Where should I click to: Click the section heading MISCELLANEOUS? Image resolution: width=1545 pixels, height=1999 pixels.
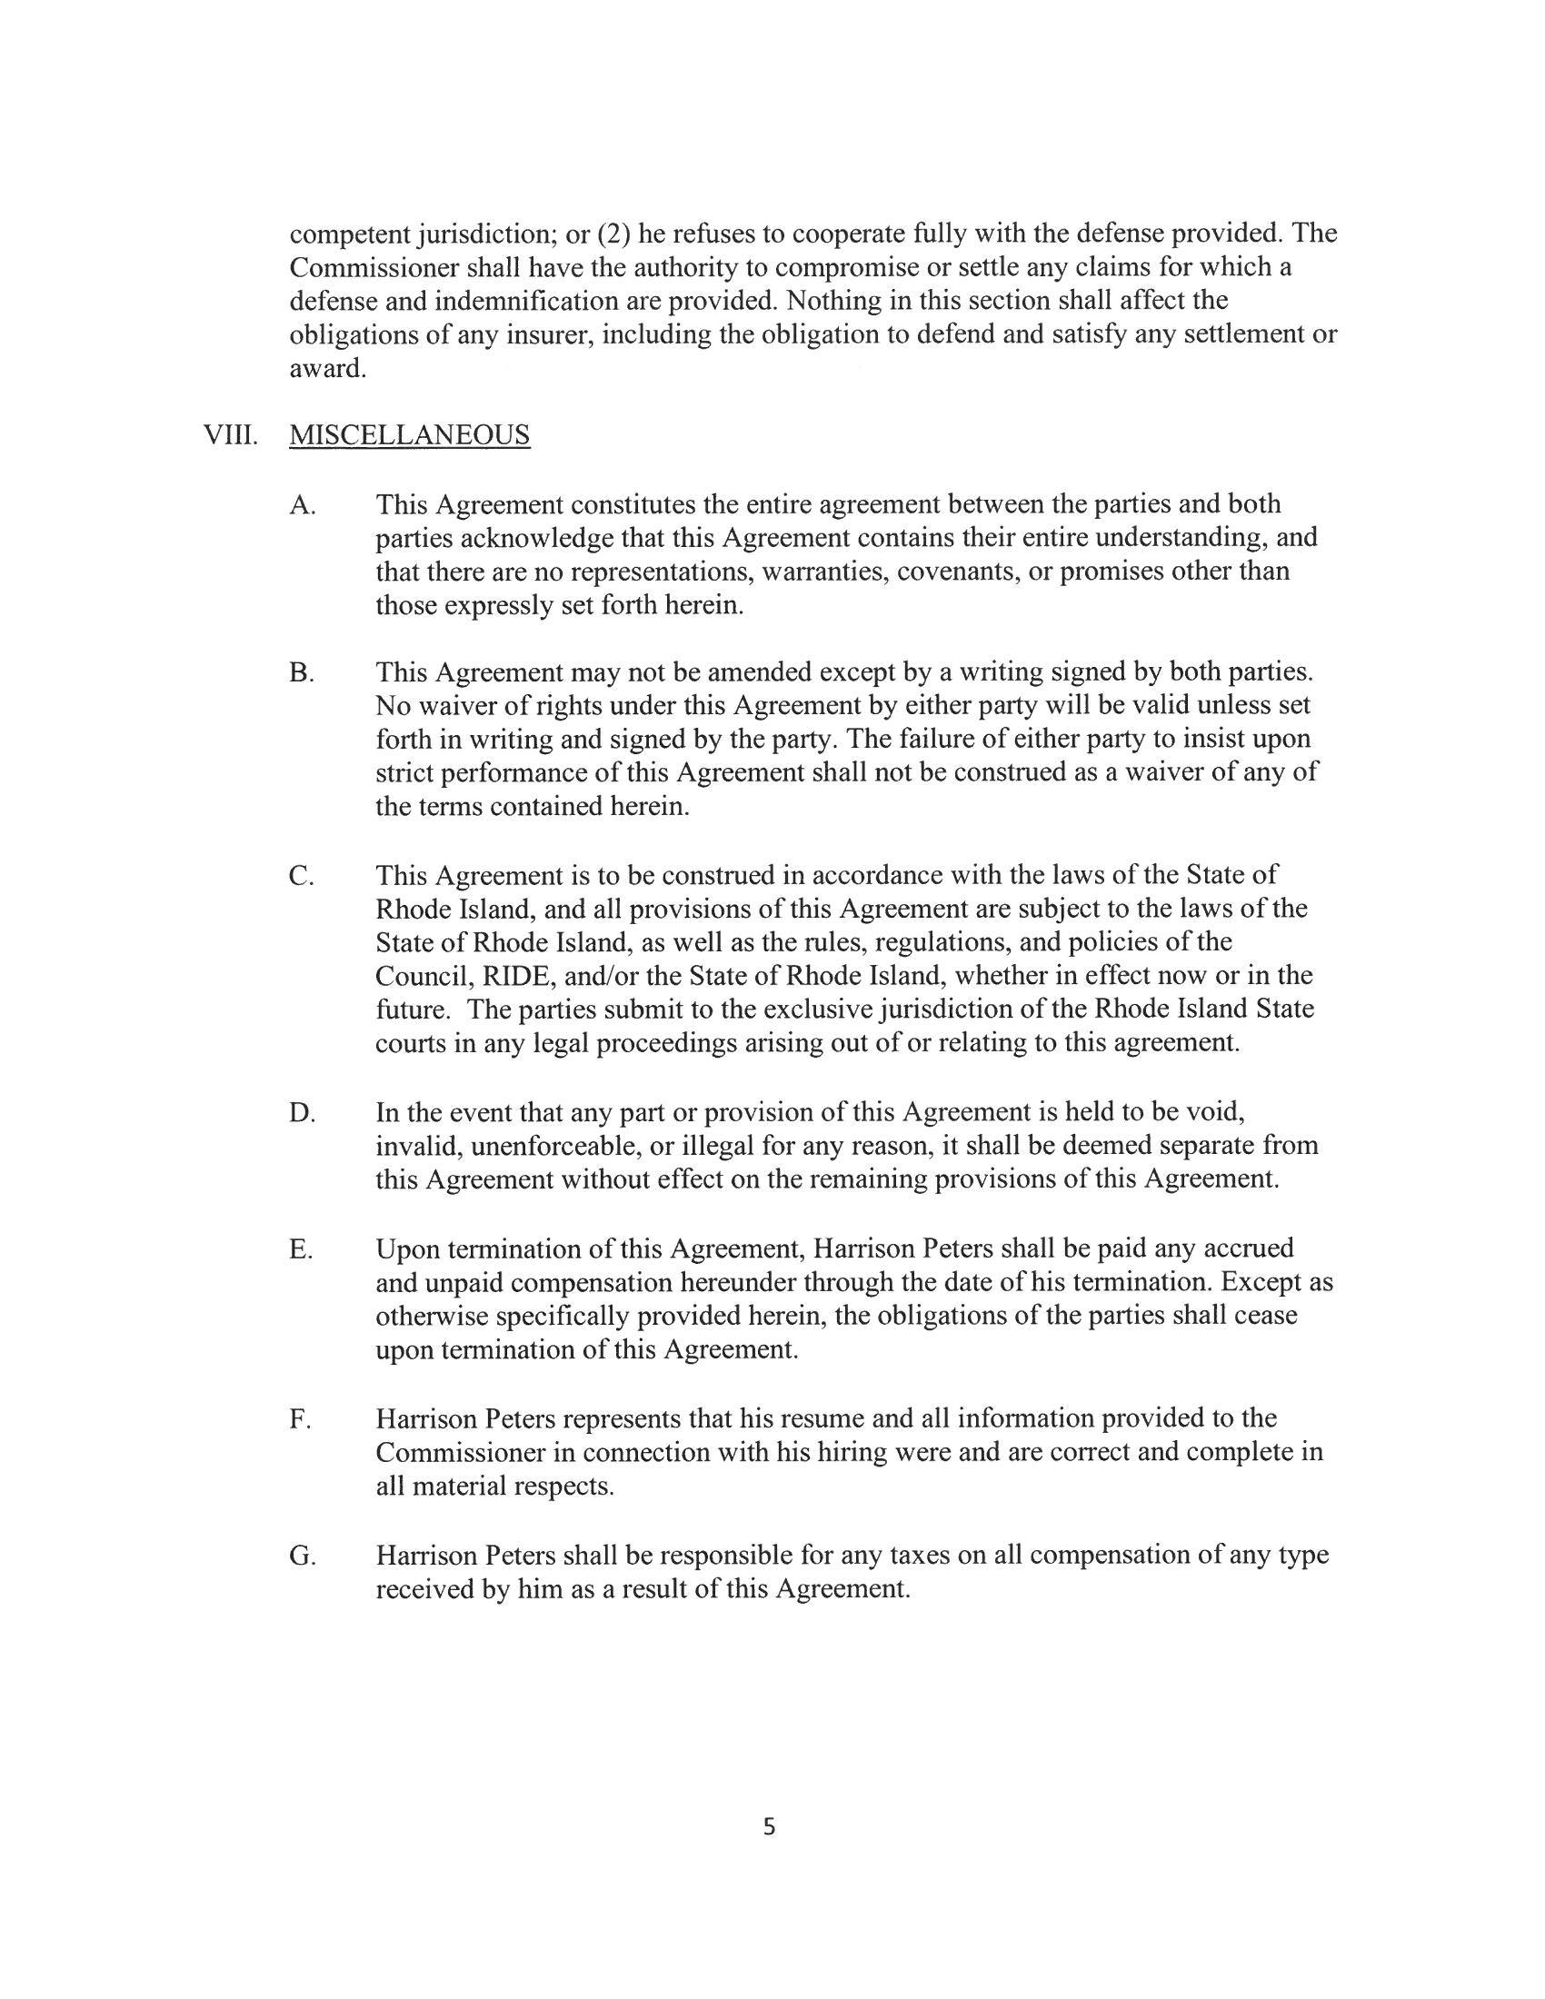[409, 434]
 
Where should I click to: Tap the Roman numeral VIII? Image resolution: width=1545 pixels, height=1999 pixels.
[229, 434]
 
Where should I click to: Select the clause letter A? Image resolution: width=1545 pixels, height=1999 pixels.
[302, 504]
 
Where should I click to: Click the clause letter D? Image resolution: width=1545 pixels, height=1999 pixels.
[302, 1113]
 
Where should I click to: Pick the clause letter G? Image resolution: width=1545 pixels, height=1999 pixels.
[302, 1555]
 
